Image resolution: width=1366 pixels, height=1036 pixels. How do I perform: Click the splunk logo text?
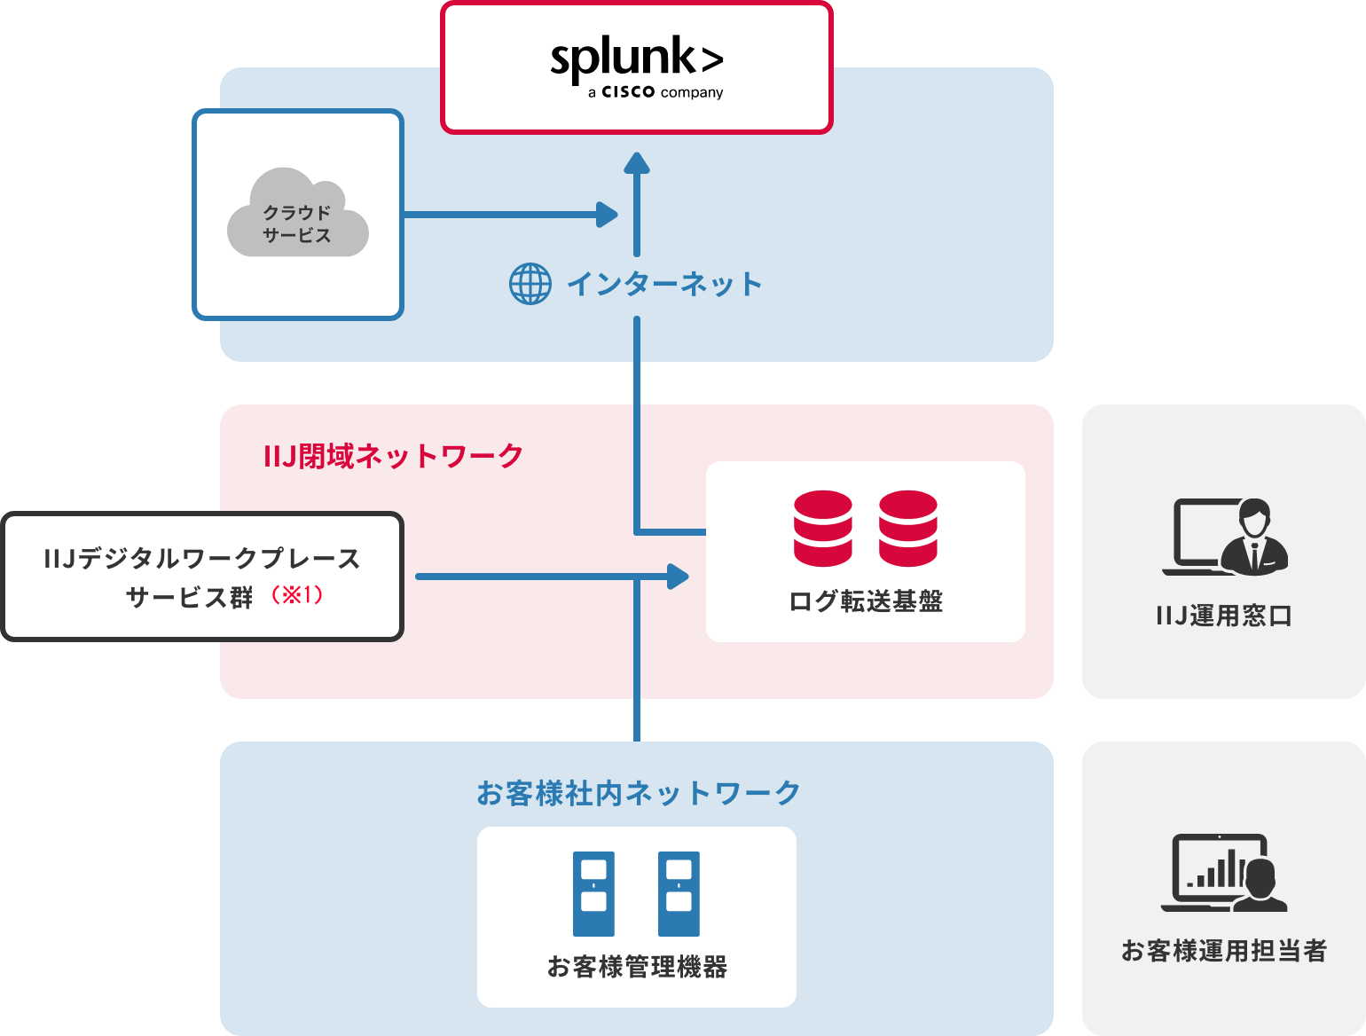[636, 59]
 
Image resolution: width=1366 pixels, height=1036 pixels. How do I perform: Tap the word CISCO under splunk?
[628, 92]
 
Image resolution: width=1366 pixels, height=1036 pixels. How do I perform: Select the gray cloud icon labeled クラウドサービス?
[298, 214]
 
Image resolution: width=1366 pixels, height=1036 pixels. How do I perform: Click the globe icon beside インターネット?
[530, 284]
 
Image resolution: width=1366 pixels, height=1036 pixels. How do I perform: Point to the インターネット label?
[664, 284]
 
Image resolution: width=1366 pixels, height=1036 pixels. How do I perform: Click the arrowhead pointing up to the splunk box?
[637, 163]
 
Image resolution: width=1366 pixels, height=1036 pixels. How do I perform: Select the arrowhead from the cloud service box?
[608, 214]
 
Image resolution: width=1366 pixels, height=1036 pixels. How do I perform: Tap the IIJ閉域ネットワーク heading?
[394, 456]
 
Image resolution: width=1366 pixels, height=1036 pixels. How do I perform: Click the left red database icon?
[823, 529]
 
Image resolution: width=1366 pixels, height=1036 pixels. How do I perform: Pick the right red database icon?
[908, 529]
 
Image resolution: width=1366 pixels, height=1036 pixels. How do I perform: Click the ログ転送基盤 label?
[866, 601]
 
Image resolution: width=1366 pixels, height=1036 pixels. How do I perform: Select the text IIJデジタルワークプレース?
[202, 559]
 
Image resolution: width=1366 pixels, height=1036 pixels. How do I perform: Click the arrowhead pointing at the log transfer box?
[679, 577]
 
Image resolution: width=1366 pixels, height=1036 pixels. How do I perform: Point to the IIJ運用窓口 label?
[1224, 616]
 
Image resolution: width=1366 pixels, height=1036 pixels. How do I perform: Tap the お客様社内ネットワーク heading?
[638, 793]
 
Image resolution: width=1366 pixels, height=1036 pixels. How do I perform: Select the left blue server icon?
[593, 894]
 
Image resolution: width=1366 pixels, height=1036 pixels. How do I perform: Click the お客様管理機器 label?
[637, 967]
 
